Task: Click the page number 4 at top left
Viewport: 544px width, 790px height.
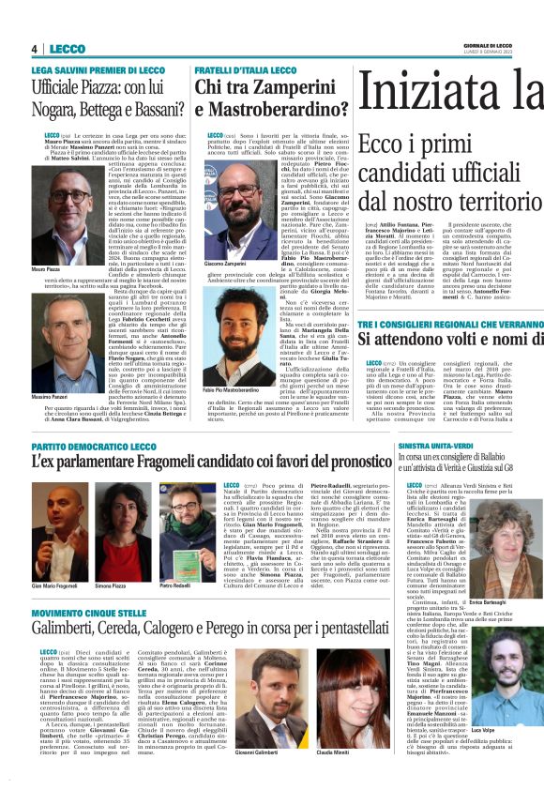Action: coord(34,49)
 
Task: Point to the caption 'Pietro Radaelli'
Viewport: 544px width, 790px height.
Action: coord(173,585)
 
